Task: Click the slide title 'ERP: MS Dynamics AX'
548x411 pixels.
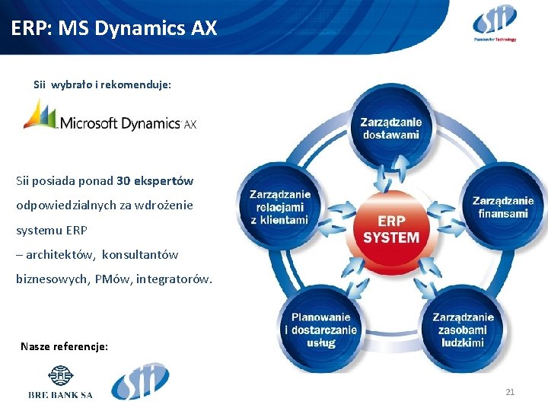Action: coord(114,29)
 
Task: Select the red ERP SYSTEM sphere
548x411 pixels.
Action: coord(390,228)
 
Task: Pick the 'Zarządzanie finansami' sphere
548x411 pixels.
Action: coord(502,207)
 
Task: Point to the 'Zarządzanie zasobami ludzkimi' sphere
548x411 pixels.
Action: coord(463,330)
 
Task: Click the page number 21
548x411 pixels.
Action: coord(510,392)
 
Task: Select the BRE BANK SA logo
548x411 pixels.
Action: coord(60,384)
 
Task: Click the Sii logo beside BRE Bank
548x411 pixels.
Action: coord(140,381)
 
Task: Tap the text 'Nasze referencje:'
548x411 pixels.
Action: coord(64,346)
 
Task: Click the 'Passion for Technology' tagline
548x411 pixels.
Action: coord(494,39)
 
